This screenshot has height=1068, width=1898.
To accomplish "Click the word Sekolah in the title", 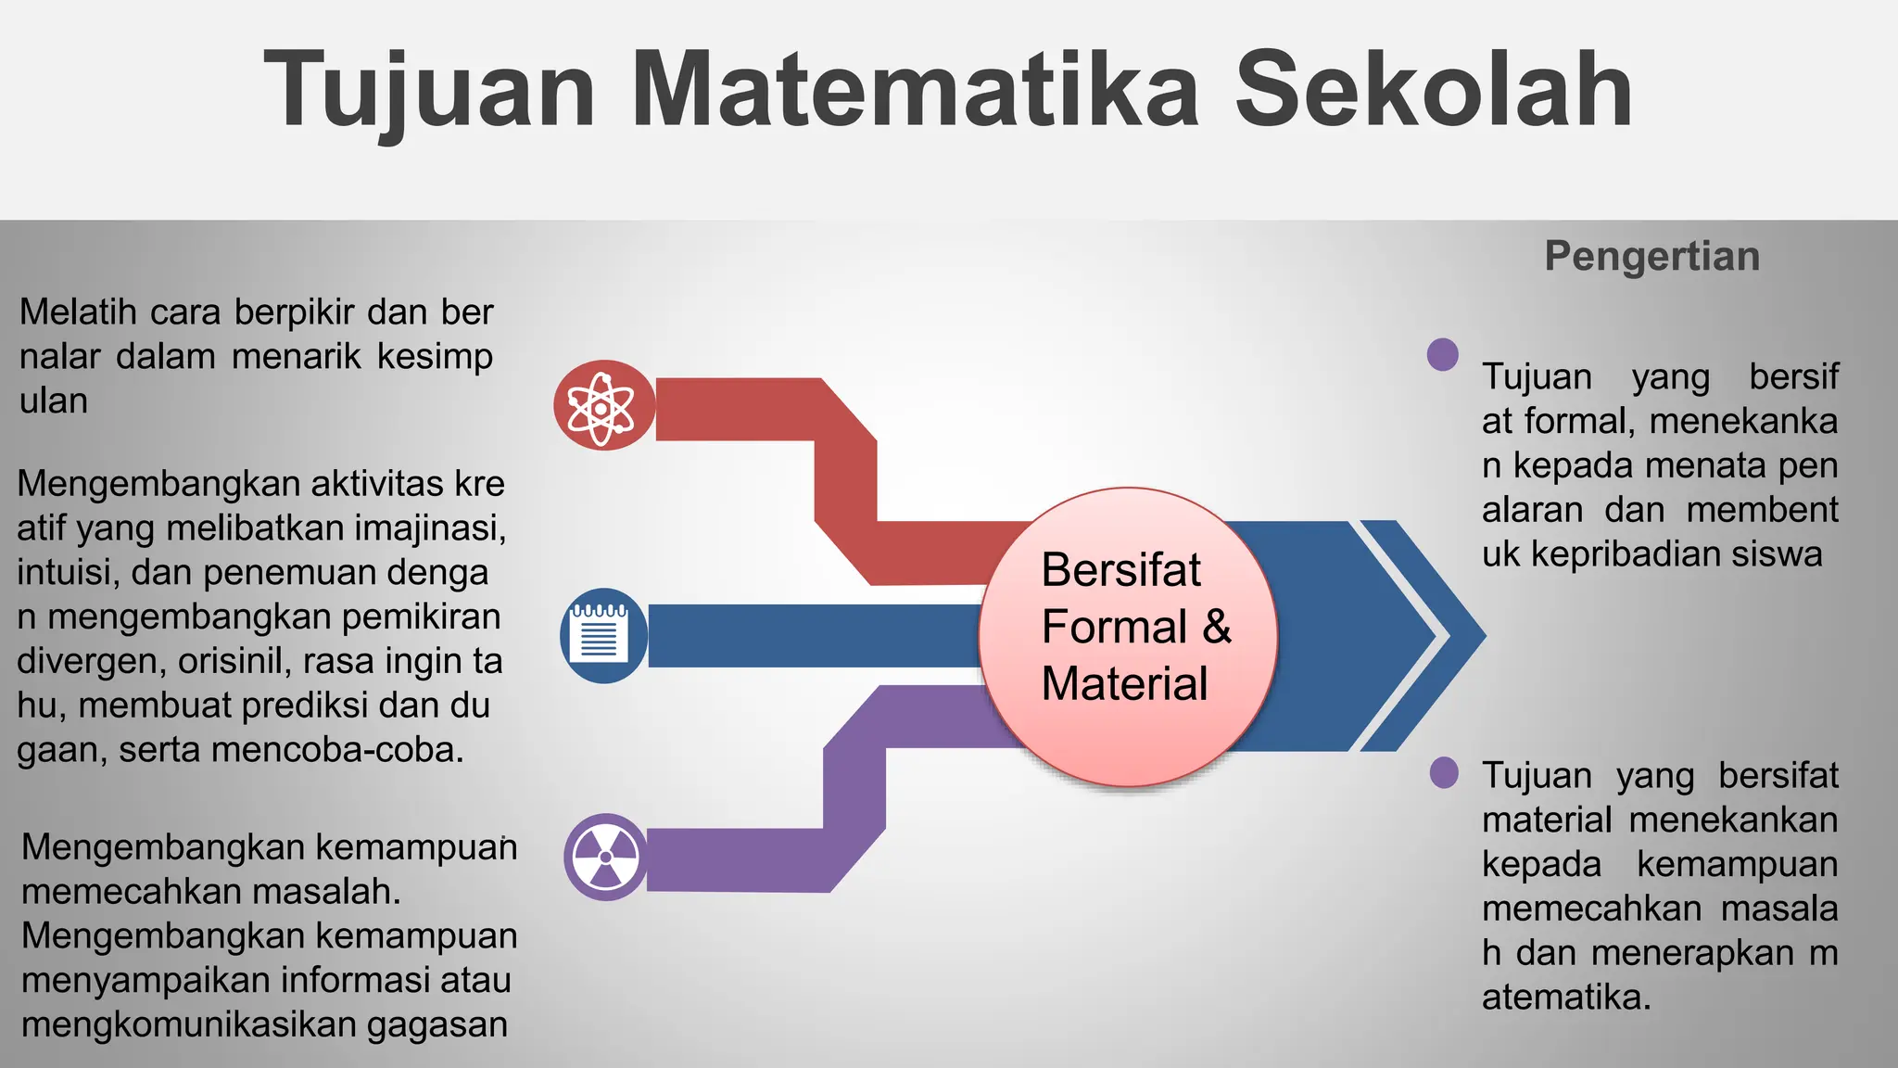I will [1433, 90].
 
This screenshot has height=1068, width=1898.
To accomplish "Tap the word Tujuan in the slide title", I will [429, 90].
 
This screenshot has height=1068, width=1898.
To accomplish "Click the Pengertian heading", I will [1651, 256].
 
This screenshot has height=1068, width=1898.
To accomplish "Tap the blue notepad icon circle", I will [603, 636].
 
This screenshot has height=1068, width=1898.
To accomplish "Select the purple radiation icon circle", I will [605, 858].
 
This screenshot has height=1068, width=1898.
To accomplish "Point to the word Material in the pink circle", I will [1123, 684].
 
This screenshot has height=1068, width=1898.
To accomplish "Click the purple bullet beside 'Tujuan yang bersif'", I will [1442, 354].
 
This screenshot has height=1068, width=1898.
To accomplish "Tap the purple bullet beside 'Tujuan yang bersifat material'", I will [1443, 772].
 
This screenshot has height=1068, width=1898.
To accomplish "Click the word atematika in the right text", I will [1565, 998].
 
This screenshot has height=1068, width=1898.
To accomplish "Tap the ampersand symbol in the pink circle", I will [1217, 627].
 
